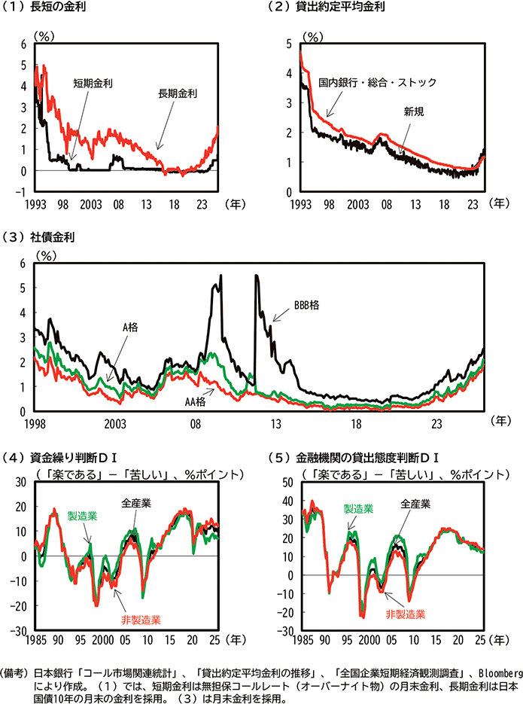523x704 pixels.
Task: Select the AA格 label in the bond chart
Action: click(x=196, y=401)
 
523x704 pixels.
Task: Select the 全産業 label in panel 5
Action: click(x=415, y=503)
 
